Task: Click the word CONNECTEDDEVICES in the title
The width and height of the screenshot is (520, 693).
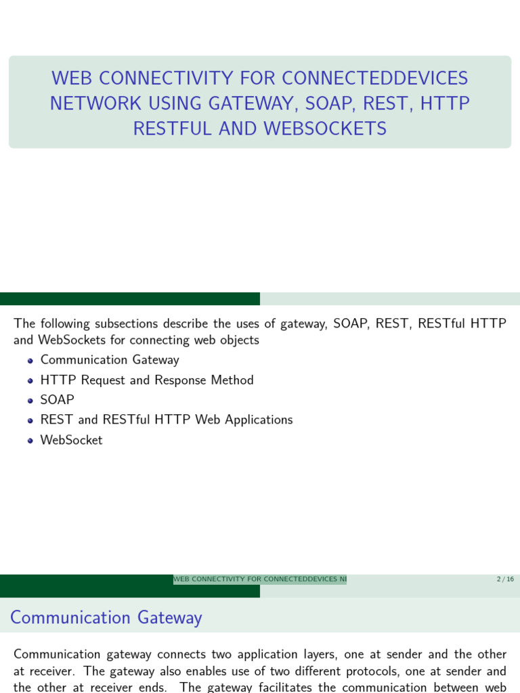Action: [374, 79]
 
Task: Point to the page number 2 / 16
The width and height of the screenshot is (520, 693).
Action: [505, 579]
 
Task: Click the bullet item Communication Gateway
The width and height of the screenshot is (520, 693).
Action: [110, 360]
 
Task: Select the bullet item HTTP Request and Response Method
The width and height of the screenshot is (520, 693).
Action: [147, 380]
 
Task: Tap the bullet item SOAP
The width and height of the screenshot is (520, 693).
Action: [58, 400]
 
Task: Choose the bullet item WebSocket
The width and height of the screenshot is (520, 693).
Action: [71, 440]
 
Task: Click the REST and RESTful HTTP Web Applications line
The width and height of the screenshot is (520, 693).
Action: [167, 420]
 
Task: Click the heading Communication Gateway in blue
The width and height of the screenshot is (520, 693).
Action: [106, 617]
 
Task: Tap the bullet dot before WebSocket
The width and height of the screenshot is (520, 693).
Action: [30, 441]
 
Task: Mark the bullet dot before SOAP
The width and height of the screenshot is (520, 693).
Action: [30, 401]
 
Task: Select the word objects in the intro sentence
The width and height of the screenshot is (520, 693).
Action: [240, 340]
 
